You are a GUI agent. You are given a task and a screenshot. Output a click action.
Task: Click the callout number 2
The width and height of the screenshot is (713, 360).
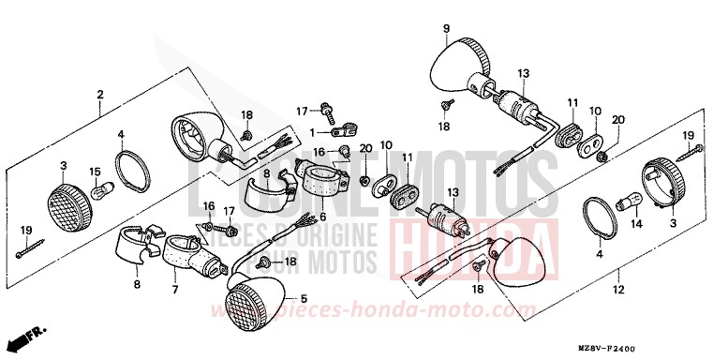[99, 94]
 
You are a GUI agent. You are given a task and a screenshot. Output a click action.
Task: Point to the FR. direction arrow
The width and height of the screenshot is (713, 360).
[29, 336]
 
